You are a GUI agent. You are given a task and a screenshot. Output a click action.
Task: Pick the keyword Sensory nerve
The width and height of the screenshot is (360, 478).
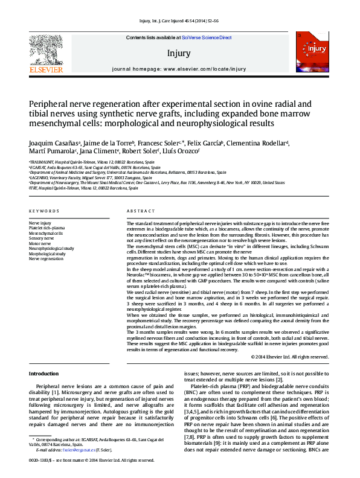[x=42, y=238]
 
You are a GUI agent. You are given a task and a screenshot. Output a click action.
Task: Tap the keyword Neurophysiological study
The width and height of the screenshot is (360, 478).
[x=51, y=248]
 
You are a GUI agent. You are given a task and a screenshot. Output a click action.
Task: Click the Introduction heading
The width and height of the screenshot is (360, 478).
[x=44, y=374]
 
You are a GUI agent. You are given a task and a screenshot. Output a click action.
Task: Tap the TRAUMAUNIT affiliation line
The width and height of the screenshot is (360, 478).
[x=91, y=162]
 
